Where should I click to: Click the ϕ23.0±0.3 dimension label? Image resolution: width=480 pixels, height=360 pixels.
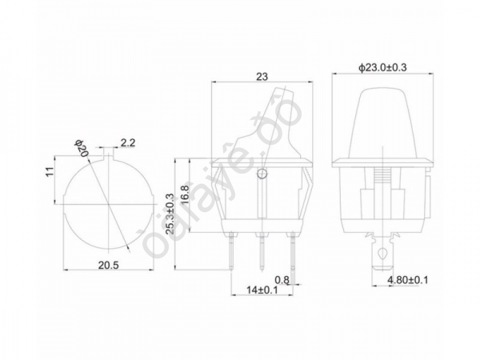[382, 67]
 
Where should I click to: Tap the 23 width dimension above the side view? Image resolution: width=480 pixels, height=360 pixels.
[262, 77]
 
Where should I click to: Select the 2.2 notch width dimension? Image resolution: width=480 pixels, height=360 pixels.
[128, 142]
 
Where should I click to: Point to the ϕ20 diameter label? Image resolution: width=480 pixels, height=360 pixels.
[82, 149]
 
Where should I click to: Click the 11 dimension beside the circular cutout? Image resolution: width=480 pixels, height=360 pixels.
[50, 171]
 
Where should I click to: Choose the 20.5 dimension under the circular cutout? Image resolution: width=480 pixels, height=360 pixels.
[108, 265]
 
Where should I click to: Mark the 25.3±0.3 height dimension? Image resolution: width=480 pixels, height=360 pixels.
[170, 214]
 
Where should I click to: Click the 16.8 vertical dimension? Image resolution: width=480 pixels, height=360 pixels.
[185, 196]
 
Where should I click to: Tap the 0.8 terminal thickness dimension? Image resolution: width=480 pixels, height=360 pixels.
[282, 279]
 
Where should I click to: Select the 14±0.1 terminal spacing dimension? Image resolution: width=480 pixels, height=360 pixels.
[262, 290]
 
